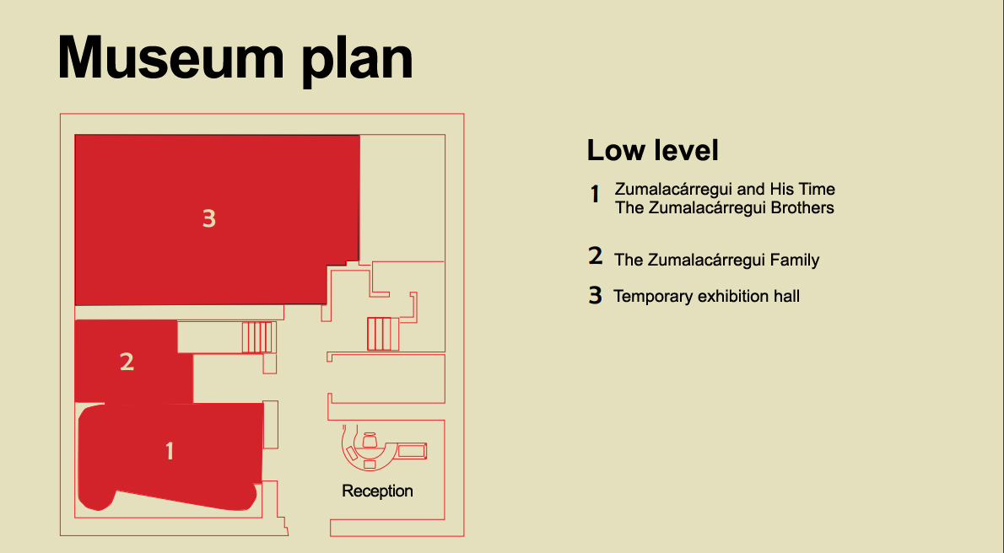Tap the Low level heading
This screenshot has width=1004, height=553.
652,151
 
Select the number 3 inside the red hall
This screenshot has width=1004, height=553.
209,218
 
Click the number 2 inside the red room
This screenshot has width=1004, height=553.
127,362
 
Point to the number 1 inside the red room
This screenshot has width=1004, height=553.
170,451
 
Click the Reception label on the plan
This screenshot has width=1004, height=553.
377,491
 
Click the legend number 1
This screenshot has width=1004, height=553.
595,195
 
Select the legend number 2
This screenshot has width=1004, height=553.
596,256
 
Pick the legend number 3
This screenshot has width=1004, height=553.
596,296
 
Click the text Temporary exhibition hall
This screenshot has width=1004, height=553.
707,296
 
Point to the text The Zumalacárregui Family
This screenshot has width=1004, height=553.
717,260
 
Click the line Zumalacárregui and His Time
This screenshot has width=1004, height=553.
725,189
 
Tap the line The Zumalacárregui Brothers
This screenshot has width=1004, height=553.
725,207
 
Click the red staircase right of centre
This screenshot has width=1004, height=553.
382,333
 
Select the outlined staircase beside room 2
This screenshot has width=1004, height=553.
259,337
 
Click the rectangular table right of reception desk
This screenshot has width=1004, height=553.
412,451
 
